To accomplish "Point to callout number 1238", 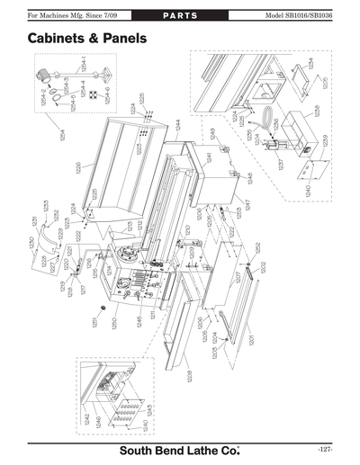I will pos(317,111).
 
